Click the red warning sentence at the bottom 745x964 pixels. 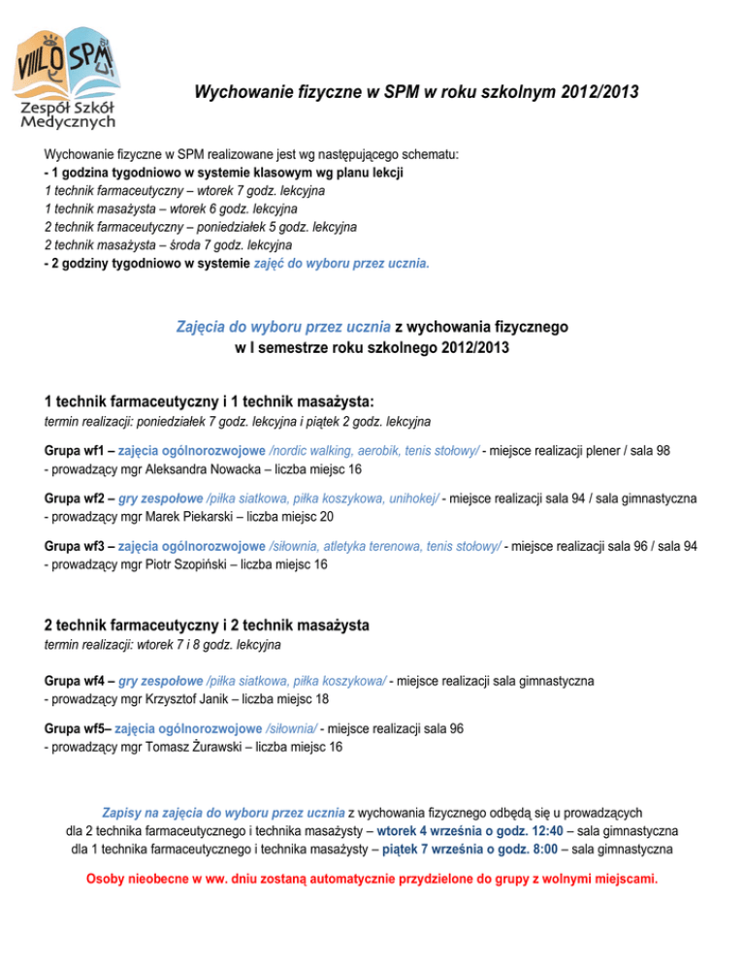pyautogui.click(x=372, y=881)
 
